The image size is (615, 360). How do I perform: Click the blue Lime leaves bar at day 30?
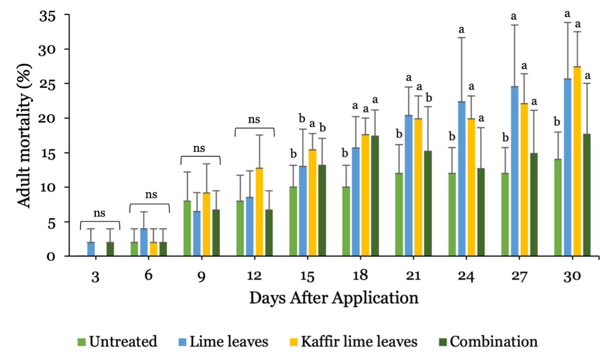pos(567,167)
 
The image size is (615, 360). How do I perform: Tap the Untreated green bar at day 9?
pos(187,228)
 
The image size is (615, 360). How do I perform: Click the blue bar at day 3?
pos(91,249)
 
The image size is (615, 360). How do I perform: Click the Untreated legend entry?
pos(117,342)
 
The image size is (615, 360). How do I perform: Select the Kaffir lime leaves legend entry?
pos(353,342)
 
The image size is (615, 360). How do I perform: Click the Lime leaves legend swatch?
pos(183,342)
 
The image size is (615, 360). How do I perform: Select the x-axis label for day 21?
pos(413,276)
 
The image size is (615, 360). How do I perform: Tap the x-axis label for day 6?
pos(148,276)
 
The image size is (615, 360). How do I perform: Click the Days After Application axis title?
pos(334,298)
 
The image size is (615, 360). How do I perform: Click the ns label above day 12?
pos(254,120)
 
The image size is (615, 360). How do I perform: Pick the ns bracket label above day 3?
pos(99,213)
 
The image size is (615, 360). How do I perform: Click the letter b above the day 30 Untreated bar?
pos(557,122)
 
